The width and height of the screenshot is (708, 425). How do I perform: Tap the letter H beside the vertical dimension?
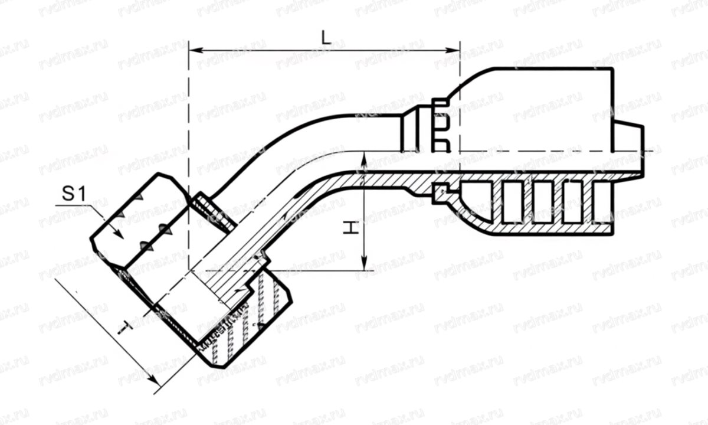(x=350, y=228)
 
